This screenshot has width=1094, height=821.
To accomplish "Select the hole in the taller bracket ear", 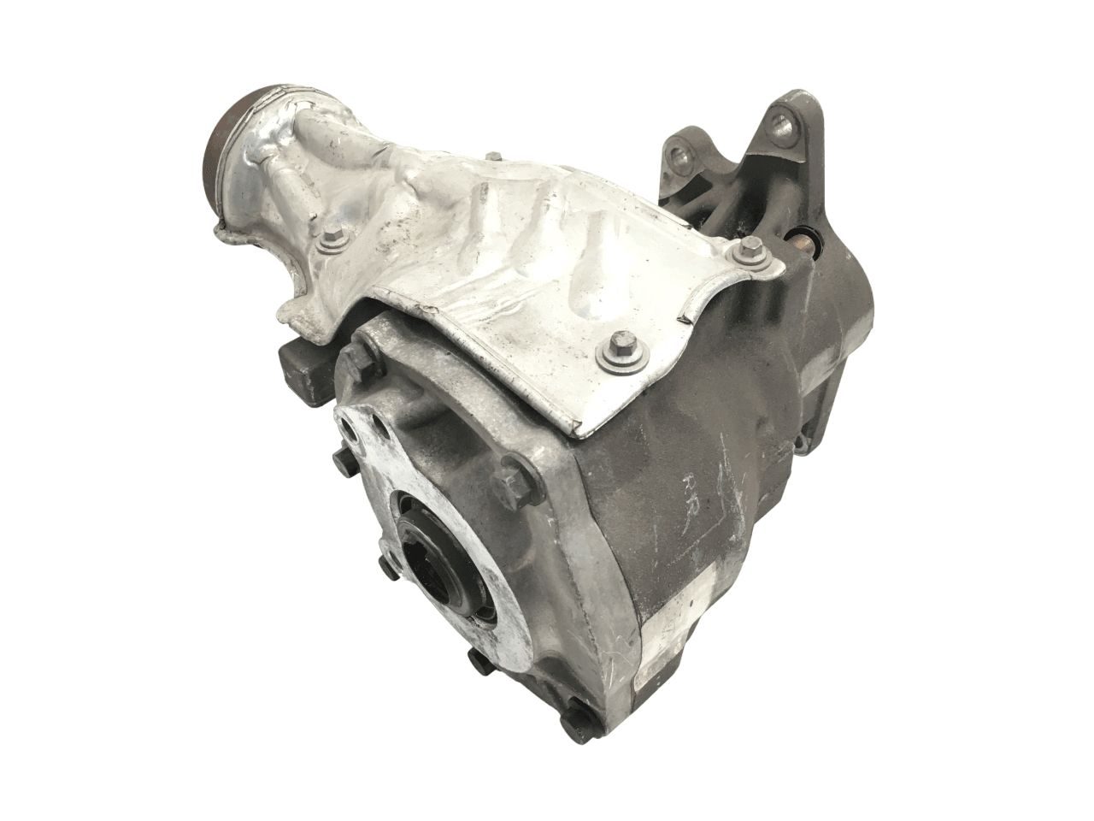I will pyautogui.click(x=780, y=123).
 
